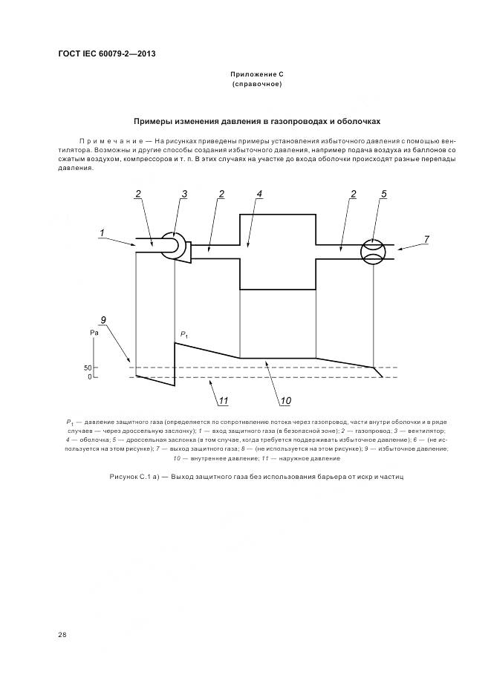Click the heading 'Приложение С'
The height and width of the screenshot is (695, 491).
point(257,75)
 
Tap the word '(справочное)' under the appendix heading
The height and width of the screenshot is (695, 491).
point(257,85)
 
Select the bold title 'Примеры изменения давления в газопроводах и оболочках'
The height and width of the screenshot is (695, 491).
point(257,121)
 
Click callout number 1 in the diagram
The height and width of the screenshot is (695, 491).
point(100,234)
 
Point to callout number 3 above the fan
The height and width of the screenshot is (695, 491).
point(184,194)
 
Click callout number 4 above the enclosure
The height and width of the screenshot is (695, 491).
point(259,194)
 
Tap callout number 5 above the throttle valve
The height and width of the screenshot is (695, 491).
point(384,194)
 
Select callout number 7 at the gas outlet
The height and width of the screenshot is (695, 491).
point(426,239)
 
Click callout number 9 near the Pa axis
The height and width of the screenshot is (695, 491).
point(103,319)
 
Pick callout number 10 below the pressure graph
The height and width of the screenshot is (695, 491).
point(285,402)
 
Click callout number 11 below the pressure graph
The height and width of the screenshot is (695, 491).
point(221,402)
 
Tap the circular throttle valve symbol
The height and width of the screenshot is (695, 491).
point(373,251)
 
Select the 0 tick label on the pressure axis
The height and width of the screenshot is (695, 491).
point(88,377)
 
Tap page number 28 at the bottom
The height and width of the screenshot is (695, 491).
point(62,635)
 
